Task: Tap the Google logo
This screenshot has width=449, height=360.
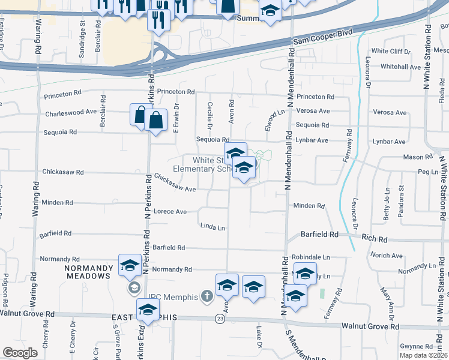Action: pyautogui.click(x=20, y=353)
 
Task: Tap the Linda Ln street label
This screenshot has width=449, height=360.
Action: pyautogui.click(x=212, y=227)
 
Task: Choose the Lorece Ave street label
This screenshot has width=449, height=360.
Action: pyautogui.click(x=170, y=212)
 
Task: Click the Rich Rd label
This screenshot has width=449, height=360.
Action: pyautogui.click(x=374, y=239)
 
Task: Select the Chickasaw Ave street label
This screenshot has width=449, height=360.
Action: pyautogui.click(x=175, y=183)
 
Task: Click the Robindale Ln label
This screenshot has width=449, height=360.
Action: pyautogui.click(x=311, y=257)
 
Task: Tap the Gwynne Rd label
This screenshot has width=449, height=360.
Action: pyautogui.click(x=416, y=347)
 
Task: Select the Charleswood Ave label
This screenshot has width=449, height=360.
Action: pyautogui.click(x=70, y=112)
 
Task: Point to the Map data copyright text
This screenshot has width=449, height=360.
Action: pyautogui.click(x=423, y=355)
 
